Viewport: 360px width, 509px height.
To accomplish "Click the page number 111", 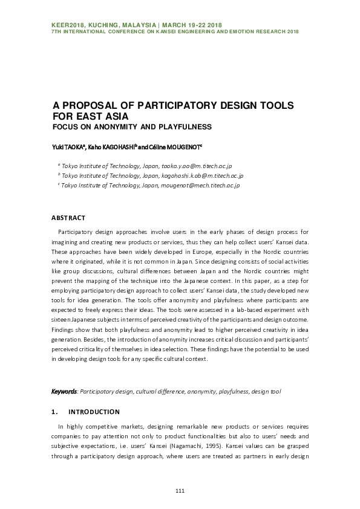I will (180, 490).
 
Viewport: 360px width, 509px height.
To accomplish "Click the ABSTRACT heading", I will (68, 218).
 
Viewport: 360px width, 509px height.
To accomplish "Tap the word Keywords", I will (64, 392).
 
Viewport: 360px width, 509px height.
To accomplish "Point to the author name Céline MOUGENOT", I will (180, 147).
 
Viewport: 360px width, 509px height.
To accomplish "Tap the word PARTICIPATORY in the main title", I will (162, 106).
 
